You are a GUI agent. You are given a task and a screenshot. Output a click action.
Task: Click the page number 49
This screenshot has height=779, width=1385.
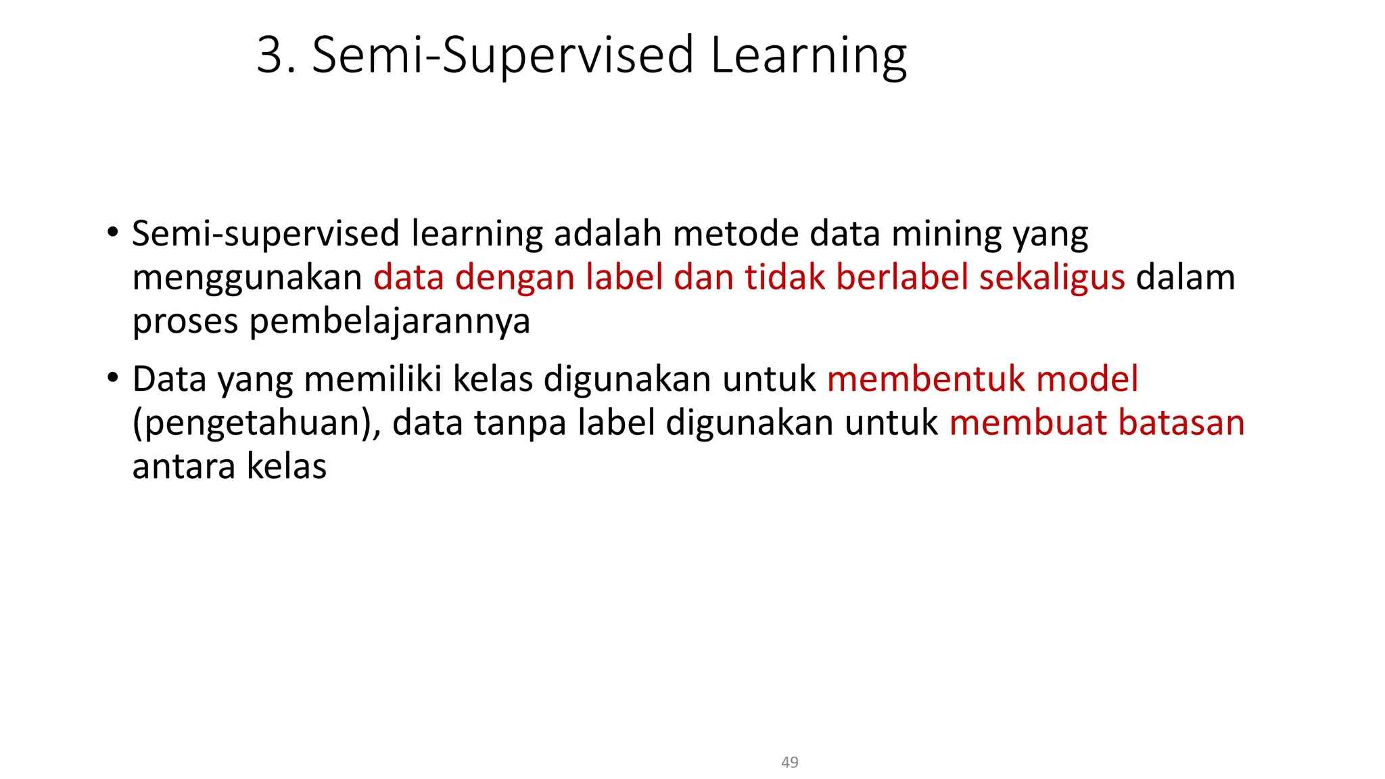789,762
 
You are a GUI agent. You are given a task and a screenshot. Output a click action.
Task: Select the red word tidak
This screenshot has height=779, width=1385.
784,277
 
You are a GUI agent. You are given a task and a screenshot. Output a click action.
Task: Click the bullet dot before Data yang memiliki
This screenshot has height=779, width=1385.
113,377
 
